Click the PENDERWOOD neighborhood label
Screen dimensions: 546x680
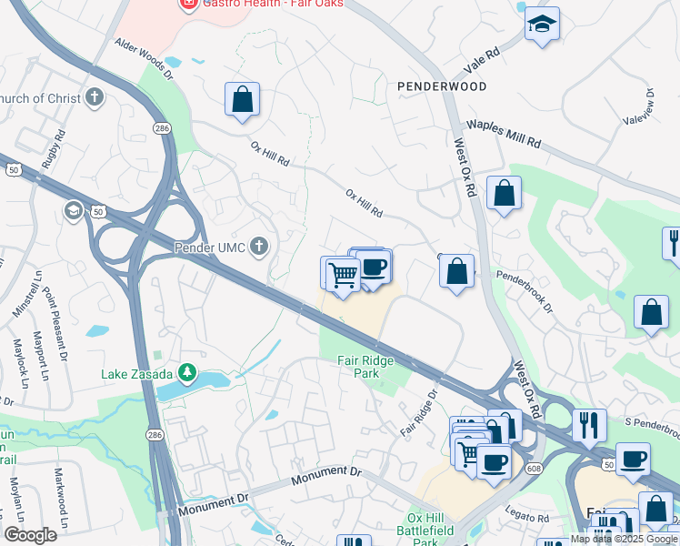coord(442,86)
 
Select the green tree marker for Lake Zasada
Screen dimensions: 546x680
coord(187,371)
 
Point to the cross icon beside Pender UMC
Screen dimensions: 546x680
coord(259,246)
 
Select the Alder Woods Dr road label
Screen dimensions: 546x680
coord(143,56)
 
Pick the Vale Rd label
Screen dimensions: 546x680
coord(482,62)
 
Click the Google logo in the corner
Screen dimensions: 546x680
coord(30,535)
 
